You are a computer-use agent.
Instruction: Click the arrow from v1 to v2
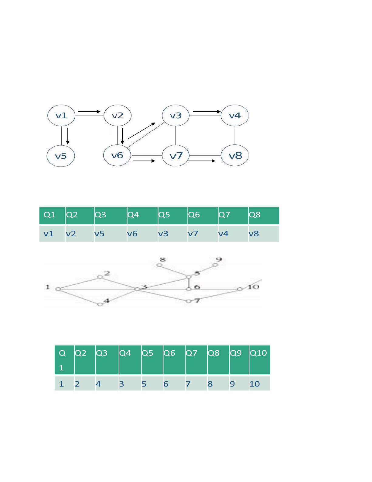tap(90, 112)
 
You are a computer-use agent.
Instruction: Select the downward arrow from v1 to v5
tap(68, 136)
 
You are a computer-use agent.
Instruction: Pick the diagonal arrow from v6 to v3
tap(142, 131)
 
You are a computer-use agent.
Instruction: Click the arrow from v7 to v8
tap(201, 161)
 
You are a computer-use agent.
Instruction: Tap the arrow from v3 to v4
tap(207, 112)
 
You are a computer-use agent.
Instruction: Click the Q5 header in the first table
tap(173, 215)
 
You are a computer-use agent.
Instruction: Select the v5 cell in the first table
tap(111, 234)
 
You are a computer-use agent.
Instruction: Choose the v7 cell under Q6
tap(203, 234)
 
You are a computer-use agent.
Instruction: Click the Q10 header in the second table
tap(260, 360)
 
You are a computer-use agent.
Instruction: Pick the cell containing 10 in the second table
tap(260, 383)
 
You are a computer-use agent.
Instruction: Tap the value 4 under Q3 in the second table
tap(107, 383)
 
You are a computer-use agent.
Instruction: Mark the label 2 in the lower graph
tap(107, 273)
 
